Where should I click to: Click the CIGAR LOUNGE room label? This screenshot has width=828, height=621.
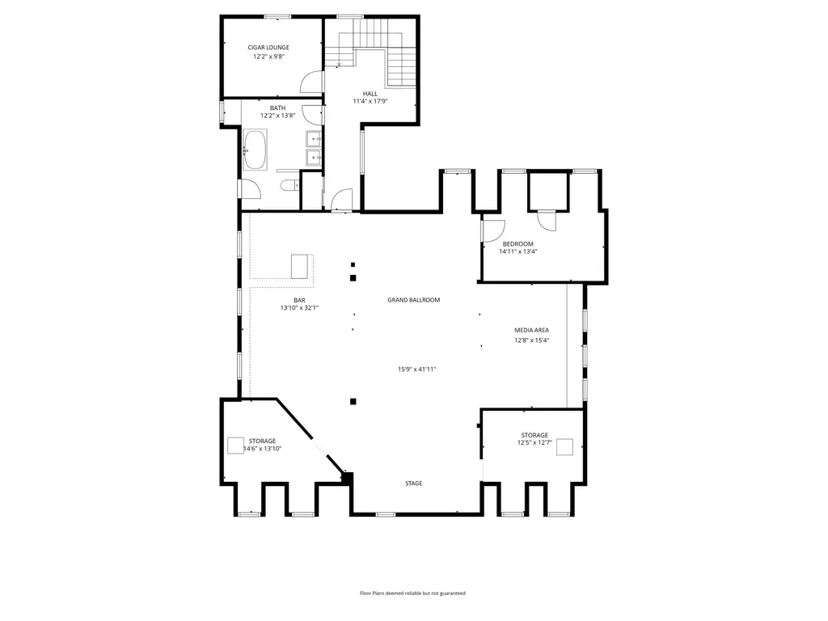[268, 48]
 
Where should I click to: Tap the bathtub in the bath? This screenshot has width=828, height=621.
[255, 150]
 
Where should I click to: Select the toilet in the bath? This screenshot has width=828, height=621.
[289, 185]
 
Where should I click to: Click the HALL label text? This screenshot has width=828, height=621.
[370, 94]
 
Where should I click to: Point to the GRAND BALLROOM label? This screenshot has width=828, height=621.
[413, 300]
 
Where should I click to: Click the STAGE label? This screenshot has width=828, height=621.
[413, 484]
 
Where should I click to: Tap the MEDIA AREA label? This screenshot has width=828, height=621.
[532, 330]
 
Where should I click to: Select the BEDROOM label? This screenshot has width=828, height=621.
[518, 244]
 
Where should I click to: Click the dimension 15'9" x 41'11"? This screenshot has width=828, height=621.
[416, 370]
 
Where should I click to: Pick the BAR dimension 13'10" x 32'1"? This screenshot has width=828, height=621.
[299, 308]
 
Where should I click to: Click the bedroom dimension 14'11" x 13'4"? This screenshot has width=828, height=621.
[518, 252]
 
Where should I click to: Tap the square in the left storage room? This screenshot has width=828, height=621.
[235, 446]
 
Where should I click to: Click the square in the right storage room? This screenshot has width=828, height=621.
[564, 446]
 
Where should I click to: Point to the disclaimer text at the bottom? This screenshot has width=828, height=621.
[412, 593]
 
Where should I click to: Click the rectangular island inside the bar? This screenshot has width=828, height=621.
[299, 266]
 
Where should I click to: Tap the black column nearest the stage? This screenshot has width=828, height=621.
[353, 401]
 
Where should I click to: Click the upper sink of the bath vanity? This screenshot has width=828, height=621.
[314, 139]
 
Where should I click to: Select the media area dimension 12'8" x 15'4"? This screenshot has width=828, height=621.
[532, 340]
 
